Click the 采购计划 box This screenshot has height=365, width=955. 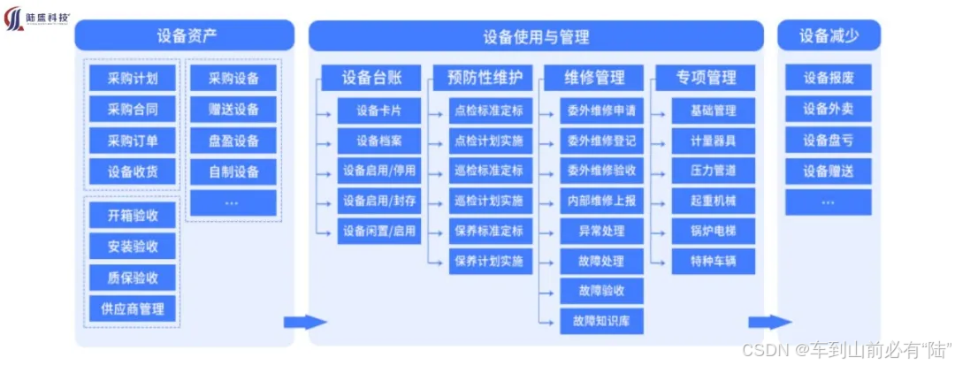(133, 78)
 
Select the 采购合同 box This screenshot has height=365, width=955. (133, 110)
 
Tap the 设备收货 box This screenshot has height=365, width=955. (133, 171)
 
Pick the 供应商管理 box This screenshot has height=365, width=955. (133, 309)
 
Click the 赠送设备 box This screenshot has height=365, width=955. (233, 110)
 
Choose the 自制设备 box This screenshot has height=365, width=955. (233, 171)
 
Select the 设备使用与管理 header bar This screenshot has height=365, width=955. (536, 36)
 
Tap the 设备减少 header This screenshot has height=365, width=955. (829, 35)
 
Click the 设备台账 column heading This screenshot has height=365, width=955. (371, 78)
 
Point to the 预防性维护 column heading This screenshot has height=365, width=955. (483, 78)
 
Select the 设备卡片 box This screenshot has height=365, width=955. (378, 110)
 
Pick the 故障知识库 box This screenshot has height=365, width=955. (601, 320)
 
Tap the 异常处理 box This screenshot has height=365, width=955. (601, 231)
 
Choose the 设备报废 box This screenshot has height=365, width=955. (829, 78)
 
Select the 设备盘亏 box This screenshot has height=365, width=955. (829, 140)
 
